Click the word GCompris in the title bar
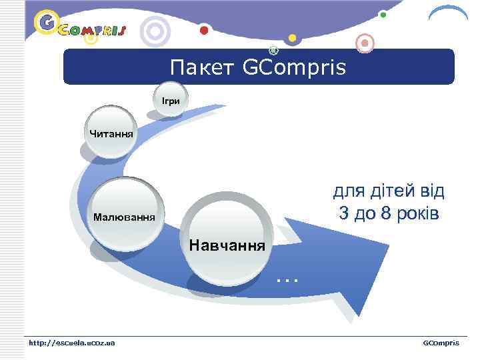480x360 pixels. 294,67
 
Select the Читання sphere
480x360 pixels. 111,135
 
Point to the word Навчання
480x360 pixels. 227,245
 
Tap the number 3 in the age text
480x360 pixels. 343,214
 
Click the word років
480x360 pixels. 421,214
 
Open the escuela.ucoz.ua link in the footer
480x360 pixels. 71,343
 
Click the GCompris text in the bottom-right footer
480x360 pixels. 441,343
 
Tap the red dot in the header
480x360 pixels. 204,30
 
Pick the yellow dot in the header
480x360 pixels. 291,37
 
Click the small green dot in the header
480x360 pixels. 383,13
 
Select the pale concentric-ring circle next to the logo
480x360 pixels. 157,31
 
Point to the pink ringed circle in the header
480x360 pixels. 364,43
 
